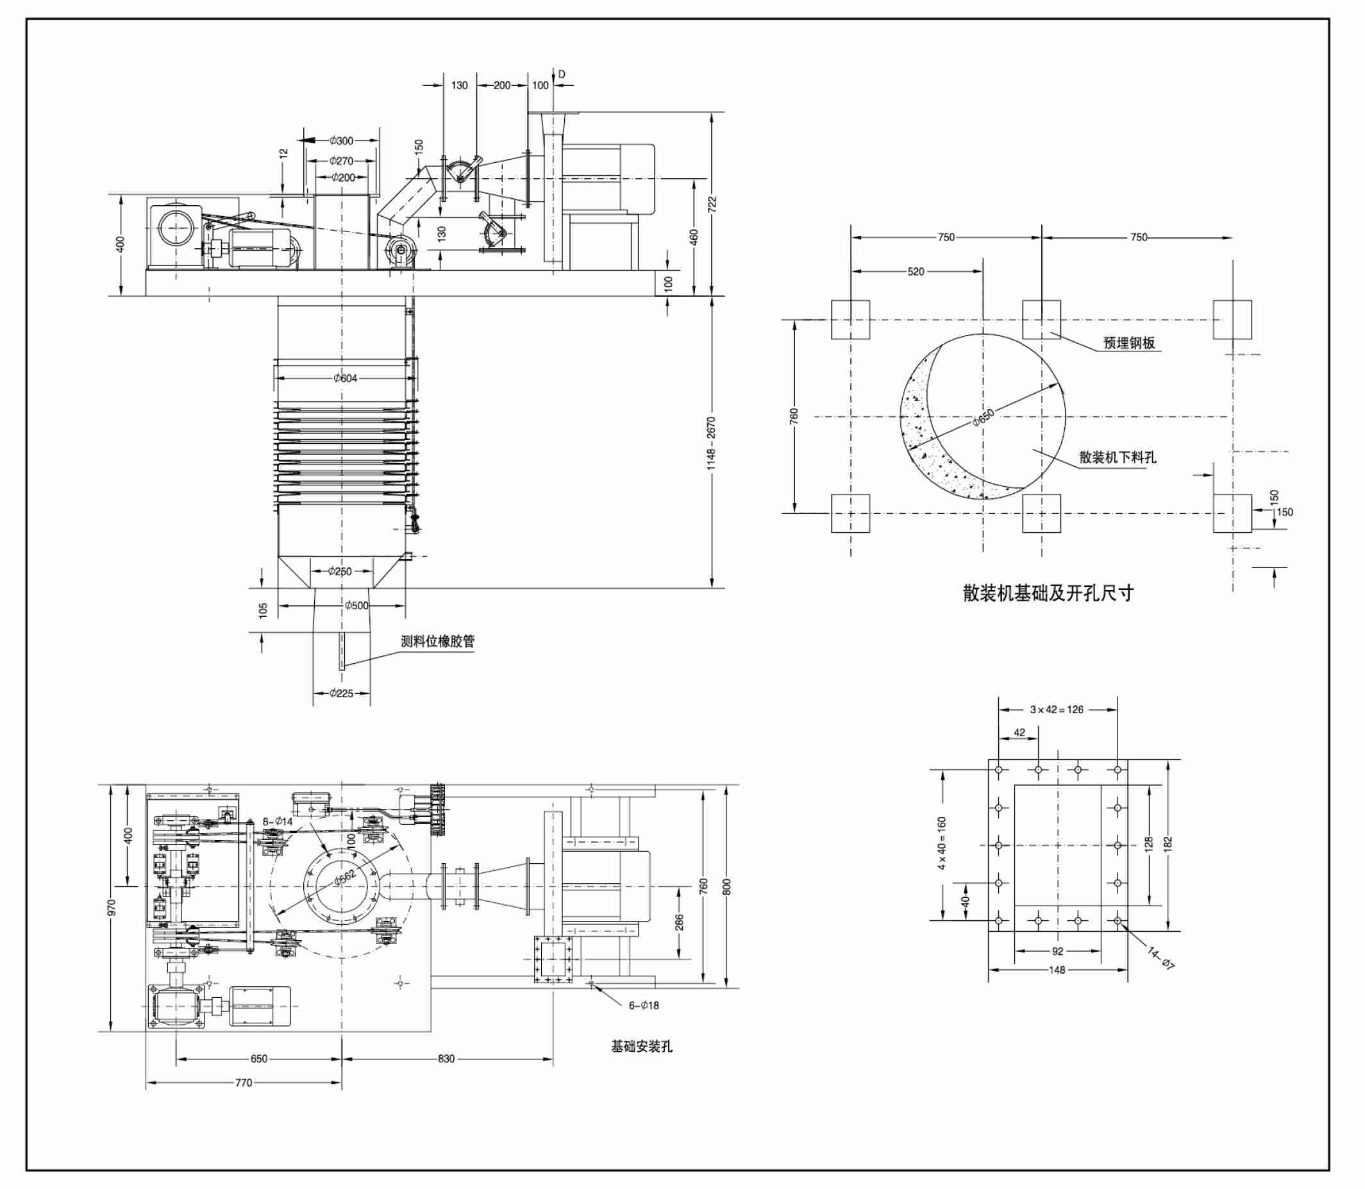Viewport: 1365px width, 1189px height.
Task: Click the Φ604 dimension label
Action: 346,378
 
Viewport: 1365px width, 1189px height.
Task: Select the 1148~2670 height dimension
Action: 711,443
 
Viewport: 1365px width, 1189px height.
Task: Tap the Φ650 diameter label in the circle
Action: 984,417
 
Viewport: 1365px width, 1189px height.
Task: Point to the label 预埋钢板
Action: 1129,342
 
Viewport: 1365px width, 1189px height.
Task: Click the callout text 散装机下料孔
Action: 1118,457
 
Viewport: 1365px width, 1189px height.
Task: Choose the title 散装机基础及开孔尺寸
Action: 1048,593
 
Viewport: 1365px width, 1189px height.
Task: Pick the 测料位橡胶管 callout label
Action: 438,641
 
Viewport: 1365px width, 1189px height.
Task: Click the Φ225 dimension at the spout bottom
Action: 342,693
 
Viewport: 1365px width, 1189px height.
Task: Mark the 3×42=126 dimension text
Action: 1057,709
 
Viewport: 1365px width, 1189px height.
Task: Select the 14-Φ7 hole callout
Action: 1160,958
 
